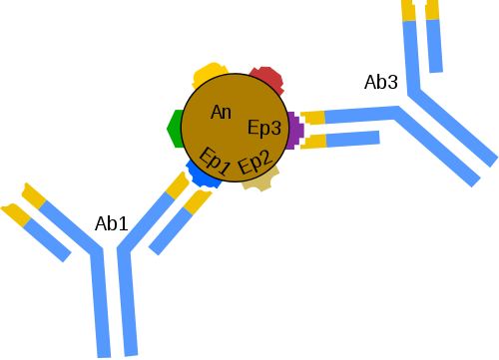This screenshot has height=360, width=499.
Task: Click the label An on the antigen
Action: click(x=222, y=113)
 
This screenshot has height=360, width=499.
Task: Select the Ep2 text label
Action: click(x=254, y=160)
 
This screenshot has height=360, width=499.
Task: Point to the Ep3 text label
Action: click(x=265, y=127)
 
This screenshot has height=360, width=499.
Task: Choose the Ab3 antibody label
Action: click(x=381, y=82)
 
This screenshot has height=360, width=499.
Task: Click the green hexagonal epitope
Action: click(x=174, y=127)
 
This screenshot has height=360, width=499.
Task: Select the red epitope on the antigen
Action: click(x=266, y=77)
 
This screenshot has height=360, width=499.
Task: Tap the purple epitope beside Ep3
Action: click(x=294, y=131)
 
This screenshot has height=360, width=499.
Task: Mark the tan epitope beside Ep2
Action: click(x=260, y=180)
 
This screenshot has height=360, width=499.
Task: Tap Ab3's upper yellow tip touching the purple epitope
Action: click(x=313, y=118)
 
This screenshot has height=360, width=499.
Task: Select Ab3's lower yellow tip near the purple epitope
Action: click(x=313, y=141)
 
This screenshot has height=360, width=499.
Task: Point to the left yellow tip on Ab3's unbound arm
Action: click(x=408, y=9)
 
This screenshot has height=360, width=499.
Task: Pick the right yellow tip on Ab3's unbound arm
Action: click(x=432, y=9)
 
